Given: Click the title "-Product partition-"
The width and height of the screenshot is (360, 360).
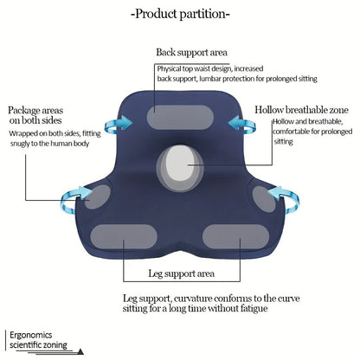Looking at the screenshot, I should pyautogui.click(x=180, y=15).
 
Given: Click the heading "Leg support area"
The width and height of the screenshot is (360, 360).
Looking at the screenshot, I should pyautogui.click(x=180, y=274).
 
